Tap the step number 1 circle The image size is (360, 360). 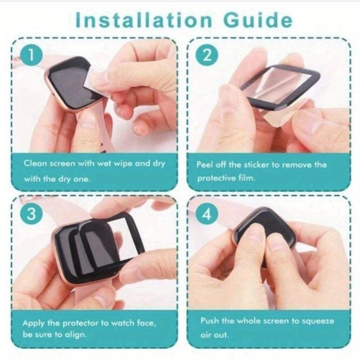click(x=31, y=55)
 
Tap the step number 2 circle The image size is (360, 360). click(x=207, y=55)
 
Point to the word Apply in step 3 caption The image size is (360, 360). click(x=34, y=323)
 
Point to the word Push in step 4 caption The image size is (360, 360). click(x=209, y=321)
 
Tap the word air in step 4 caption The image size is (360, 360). click(x=207, y=335)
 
